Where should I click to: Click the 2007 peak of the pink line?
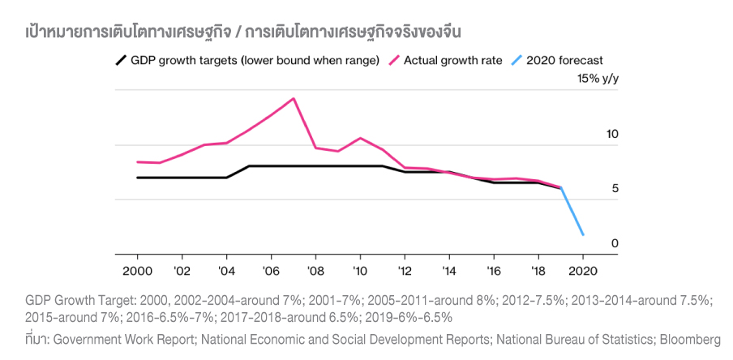(293, 98)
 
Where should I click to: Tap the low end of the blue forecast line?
(582, 235)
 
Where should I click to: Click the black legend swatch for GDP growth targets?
(121, 60)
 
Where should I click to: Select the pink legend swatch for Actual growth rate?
(395, 60)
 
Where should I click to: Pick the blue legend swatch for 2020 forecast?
(517, 60)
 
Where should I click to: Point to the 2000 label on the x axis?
(137, 270)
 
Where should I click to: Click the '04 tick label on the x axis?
(226, 270)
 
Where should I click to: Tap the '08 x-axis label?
(315, 270)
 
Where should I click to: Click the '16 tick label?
(493, 270)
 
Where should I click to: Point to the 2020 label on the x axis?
(582, 270)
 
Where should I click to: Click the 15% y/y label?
(598, 79)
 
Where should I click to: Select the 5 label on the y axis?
(615, 188)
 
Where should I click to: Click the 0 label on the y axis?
(615, 243)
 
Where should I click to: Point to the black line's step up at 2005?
(248, 166)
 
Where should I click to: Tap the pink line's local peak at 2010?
(360, 138)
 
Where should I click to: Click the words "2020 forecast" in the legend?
(564, 60)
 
